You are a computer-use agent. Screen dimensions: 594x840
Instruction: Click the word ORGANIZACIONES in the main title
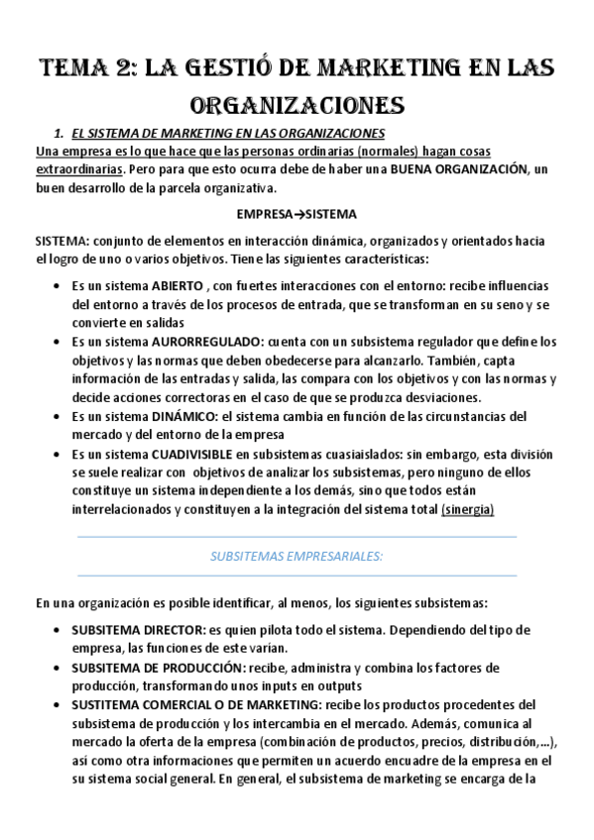click(296, 104)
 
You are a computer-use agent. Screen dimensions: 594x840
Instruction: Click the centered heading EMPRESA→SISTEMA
click(297, 214)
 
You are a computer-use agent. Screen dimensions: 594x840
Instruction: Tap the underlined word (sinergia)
click(467, 509)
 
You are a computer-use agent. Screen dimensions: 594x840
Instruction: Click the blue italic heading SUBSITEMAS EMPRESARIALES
click(297, 557)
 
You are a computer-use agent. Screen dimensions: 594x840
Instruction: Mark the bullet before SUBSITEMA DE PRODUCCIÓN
click(53, 667)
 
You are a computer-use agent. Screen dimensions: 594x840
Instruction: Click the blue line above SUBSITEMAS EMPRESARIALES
click(297, 537)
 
